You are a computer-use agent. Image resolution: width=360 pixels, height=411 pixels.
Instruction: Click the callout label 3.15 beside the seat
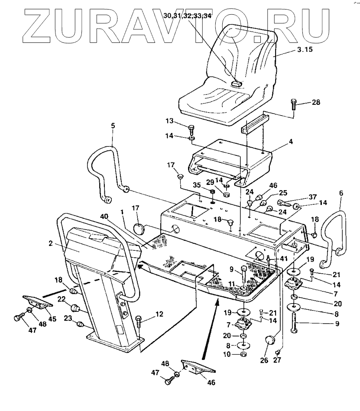coord(305,50)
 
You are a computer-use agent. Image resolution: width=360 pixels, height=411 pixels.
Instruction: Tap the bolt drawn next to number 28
coord(294,104)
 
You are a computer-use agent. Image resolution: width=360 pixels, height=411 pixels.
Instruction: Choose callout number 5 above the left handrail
coord(113,126)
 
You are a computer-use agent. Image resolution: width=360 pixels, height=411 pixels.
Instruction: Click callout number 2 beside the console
coord(51,244)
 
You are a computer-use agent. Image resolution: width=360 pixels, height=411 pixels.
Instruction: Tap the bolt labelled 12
coord(139,321)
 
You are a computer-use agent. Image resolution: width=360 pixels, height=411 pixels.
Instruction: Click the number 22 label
coord(62,299)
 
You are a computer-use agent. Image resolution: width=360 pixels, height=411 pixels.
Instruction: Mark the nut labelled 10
coord(244,354)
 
